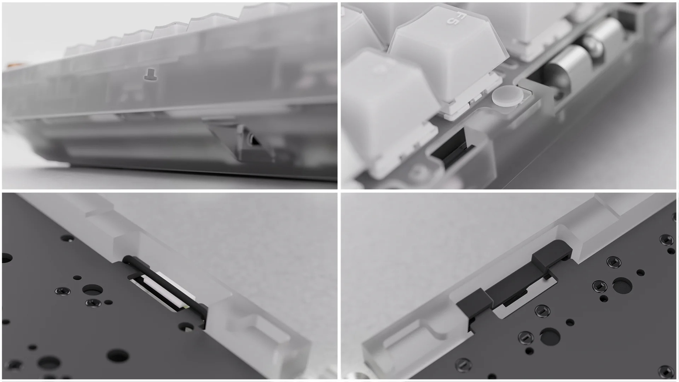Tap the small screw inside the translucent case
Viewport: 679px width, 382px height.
149,74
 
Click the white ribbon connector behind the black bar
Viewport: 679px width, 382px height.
170,290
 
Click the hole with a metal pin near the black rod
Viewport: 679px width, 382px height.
186,327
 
